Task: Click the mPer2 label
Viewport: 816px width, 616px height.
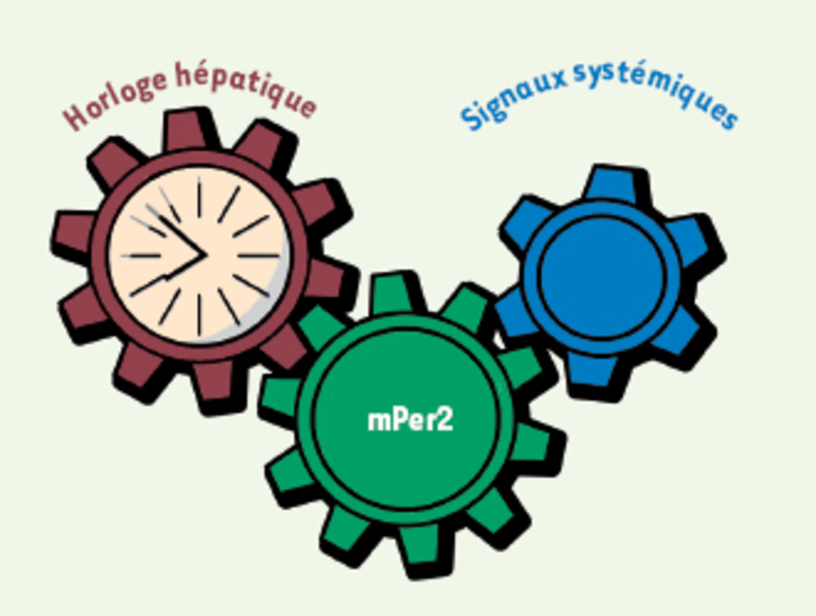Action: pyautogui.click(x=410, y=420)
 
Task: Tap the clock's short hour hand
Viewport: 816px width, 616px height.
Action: pyautogui.click(x=184, y=267)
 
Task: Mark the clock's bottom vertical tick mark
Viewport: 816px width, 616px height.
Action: pyautogui.click(x=199, y=315)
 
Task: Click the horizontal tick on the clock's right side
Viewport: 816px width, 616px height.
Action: pyautogui.click(x=259, y=255)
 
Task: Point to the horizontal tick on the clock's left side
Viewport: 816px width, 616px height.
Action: pyautogui.click(x=141, y=255)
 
